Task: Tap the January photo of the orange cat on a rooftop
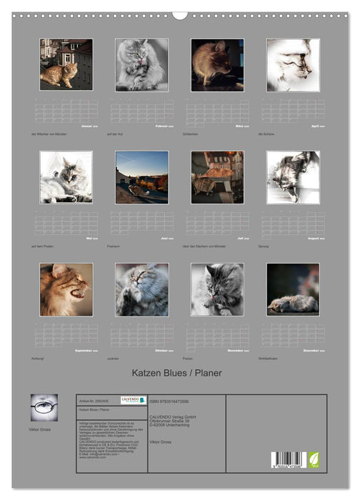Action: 66,64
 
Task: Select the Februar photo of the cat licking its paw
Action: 141,64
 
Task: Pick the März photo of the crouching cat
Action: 217,64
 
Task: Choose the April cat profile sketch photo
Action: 293,64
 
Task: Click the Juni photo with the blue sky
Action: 141,176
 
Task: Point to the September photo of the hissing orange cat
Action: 66,289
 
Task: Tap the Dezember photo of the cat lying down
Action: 293,289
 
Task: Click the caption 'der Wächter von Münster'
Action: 49,134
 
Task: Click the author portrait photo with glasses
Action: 44,407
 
